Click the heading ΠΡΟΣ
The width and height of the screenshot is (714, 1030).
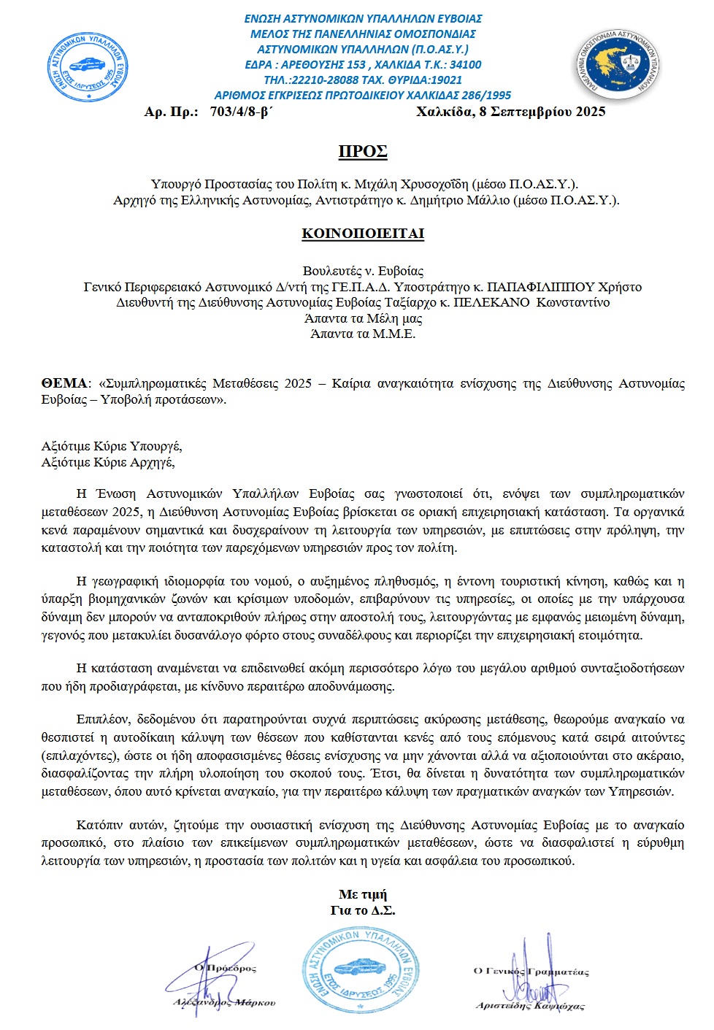point(362,152)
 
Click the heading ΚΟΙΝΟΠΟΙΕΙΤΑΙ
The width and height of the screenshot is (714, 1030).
point(363,234)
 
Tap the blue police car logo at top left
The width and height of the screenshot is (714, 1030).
point(88,66)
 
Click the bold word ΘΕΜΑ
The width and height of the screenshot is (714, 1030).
point(64,383)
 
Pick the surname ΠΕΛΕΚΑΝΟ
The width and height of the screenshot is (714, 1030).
point(491,302)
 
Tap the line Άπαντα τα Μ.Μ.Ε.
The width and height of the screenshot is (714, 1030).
point(363,334)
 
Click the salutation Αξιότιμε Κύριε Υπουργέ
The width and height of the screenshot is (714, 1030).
point(112,446)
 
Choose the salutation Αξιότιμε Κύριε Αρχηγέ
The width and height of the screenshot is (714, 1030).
point(108,462)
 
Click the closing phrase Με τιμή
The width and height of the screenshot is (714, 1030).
point(363,894)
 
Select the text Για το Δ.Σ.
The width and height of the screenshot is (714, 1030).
point(363,910)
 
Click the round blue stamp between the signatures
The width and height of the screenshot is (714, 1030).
point(361,971)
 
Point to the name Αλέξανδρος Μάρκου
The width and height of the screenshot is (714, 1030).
point(224,1002)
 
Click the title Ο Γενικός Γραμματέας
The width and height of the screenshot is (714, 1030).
point(531,971)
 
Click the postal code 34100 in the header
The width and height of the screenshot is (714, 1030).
point(464,64)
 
